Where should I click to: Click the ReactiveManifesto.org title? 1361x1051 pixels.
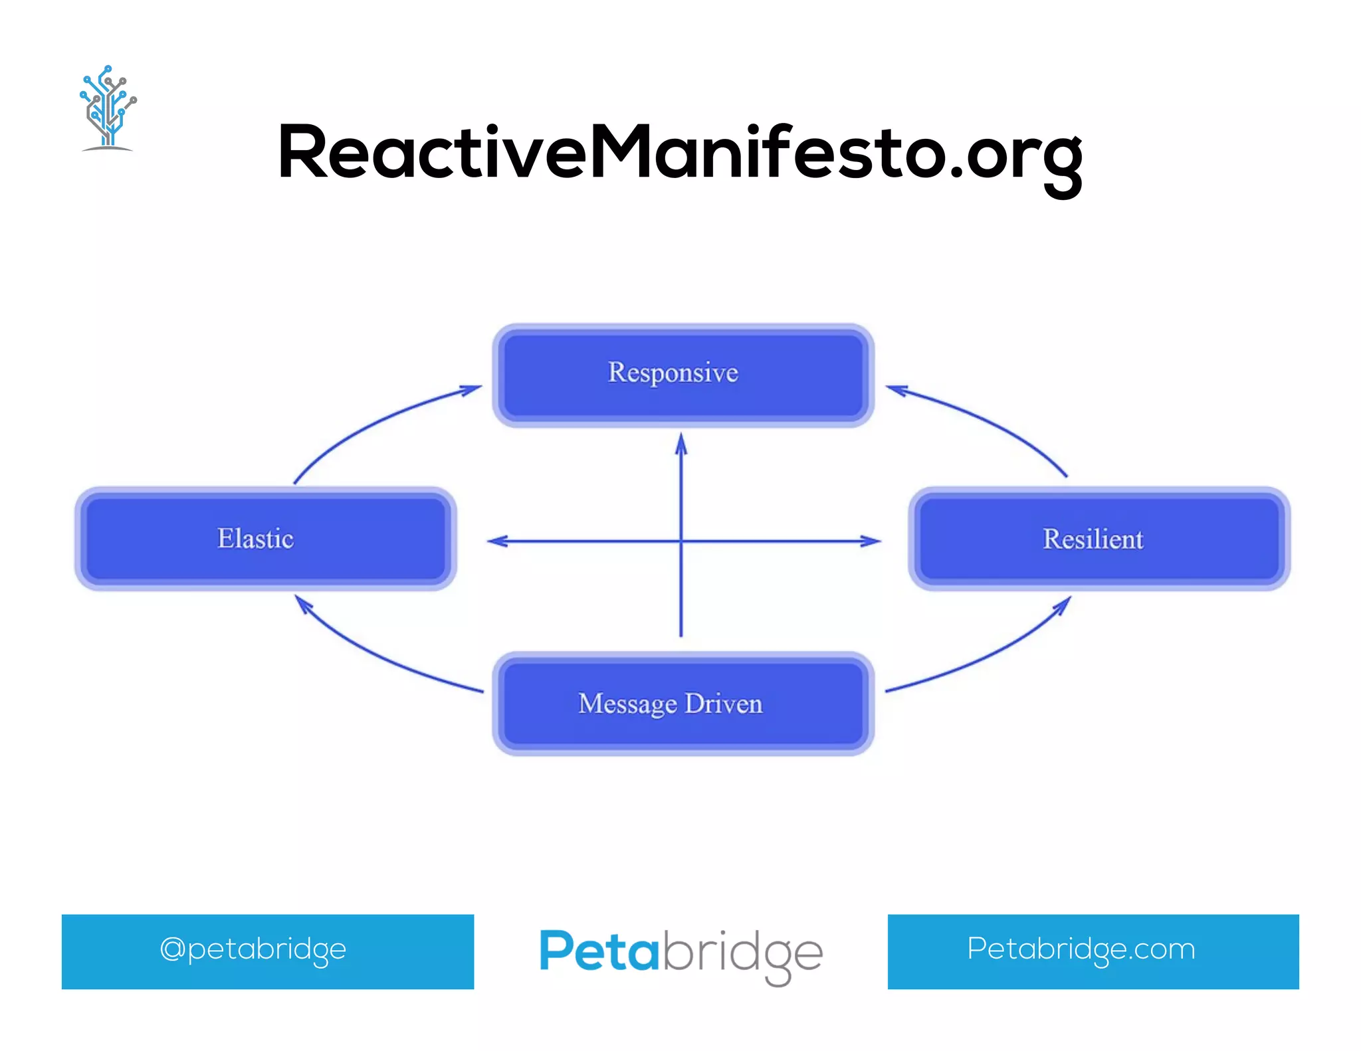pyautogui.click(x=679, y=154)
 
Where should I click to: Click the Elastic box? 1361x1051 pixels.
pyautogui.click(x=265, y=539)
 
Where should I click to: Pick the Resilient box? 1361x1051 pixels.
pyautogui.click(x=1099, y=539)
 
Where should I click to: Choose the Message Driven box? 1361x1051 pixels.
pyautogui.click(x=682, y=704)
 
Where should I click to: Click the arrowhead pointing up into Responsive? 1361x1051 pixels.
pyautogui.click(x=680, y=444)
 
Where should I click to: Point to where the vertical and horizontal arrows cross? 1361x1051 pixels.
pyautogui.click(x=680, y=541)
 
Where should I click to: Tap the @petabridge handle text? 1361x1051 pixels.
pyautogui.click(x=253, y=949)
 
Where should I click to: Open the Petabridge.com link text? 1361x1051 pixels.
pyautogui.click(x=1081, y=949)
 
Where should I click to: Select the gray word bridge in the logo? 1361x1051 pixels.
pyautogui.click(x=741, y=953)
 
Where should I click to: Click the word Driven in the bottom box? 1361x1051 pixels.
pyautogui.click(x=724, y=704)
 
